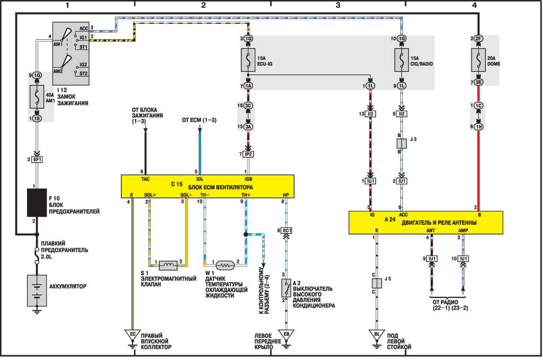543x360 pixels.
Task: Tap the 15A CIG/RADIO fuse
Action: (401, 61)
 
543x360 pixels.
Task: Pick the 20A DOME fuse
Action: (479, 61)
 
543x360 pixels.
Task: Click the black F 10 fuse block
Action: (37, 202)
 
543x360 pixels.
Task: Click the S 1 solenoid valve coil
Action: (168, 263)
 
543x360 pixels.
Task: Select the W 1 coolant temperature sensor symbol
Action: (226, 264)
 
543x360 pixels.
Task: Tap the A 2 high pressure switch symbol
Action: (286, 287)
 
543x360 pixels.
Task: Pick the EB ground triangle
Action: (286, 335)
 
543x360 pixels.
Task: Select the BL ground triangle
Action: (376, 335)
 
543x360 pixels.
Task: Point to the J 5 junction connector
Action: (376, 283)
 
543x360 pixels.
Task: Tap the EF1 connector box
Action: (37, 159)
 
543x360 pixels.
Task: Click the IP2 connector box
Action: (248, 154)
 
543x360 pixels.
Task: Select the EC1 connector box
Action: (286, 231)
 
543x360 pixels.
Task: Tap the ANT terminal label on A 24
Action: (431, 231)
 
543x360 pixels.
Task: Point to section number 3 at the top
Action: (338, 5)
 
